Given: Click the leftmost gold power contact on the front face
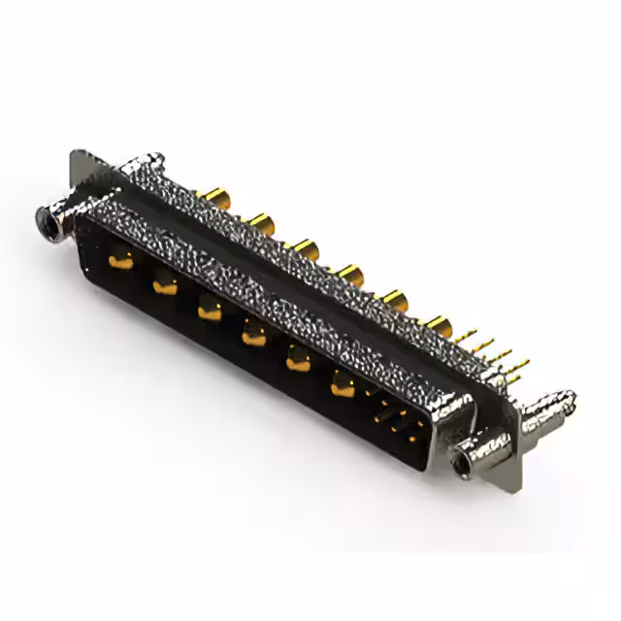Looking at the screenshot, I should (x=120, y=259).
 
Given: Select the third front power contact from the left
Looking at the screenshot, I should (x=208, y=310).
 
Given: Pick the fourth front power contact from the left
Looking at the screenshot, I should (x=252, y=337).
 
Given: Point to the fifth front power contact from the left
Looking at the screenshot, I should (x=297, y=363).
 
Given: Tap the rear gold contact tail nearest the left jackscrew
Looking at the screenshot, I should (x=215, y=201).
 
